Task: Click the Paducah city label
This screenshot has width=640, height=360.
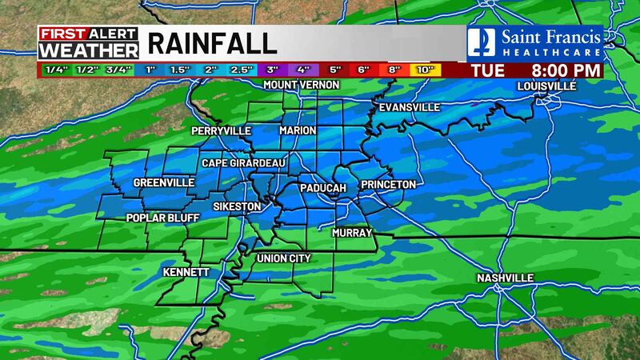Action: [322, 187]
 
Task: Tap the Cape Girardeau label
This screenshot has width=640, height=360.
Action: [243, 162]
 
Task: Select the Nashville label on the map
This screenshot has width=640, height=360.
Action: [505, 278]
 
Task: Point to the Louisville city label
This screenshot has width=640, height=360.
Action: [547, 86]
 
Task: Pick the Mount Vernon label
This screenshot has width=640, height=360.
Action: [302, 85]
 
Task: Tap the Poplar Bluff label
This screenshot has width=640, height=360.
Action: [162, 218]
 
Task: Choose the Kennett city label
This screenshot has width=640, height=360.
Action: [186, 272]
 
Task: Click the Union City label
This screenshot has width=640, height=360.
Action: [283, 258]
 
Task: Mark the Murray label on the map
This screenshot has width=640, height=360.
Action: [353, 233]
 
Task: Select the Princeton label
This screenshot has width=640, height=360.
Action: [388, 185]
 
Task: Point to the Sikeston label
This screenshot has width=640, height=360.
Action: [237, 206]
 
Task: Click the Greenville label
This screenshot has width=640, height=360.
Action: [164, 182]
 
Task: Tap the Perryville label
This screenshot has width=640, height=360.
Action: [222, 130]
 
